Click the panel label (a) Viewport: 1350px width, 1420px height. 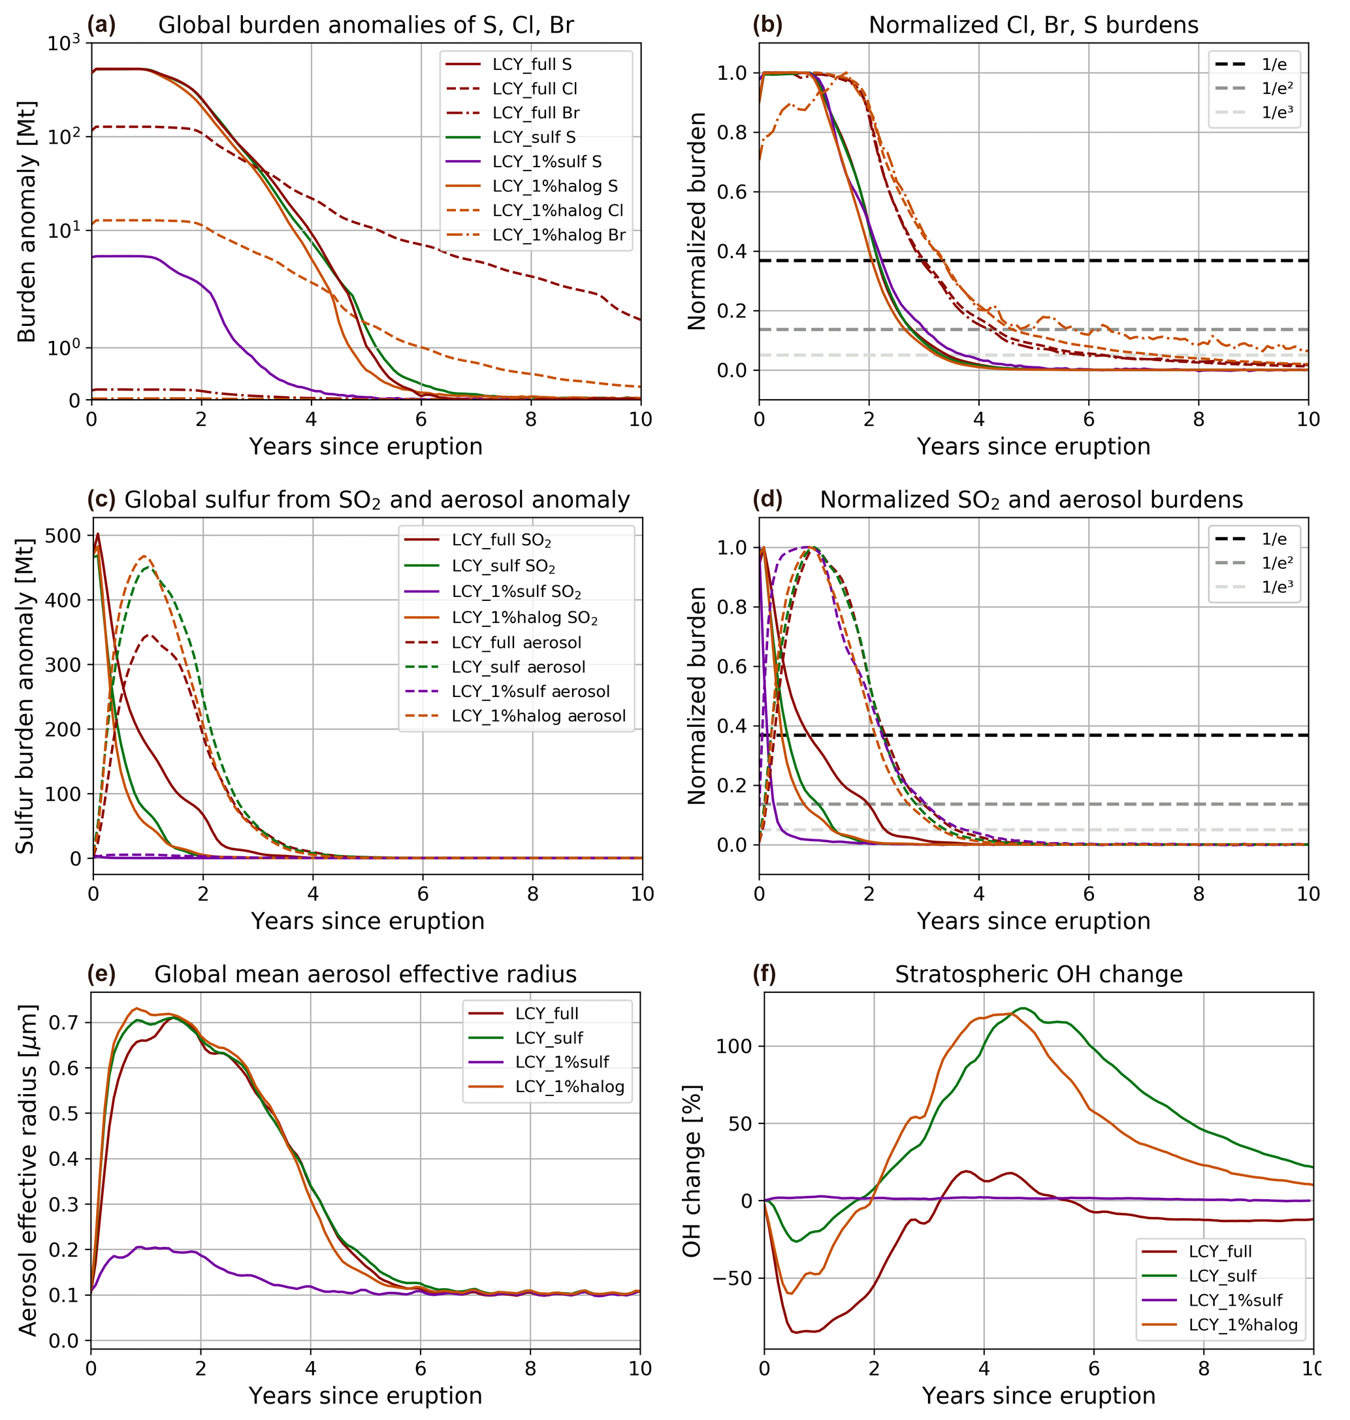(101, 25)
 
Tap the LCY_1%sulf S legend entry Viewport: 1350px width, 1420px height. (546, 161)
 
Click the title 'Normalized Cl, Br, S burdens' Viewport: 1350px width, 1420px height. (1033, 25)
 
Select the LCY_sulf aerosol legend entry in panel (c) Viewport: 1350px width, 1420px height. (518, 667)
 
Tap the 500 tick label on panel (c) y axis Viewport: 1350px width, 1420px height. (63, 536)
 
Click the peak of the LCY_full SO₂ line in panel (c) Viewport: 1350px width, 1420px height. (98, 534)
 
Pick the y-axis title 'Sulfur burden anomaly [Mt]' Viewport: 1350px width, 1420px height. (26, 696)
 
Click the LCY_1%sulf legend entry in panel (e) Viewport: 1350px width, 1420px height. (561, 1061)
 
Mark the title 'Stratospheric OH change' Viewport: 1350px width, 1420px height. (1038, 974)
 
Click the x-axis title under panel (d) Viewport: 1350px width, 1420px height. (1033, 920)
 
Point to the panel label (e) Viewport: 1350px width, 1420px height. (101, 974)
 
